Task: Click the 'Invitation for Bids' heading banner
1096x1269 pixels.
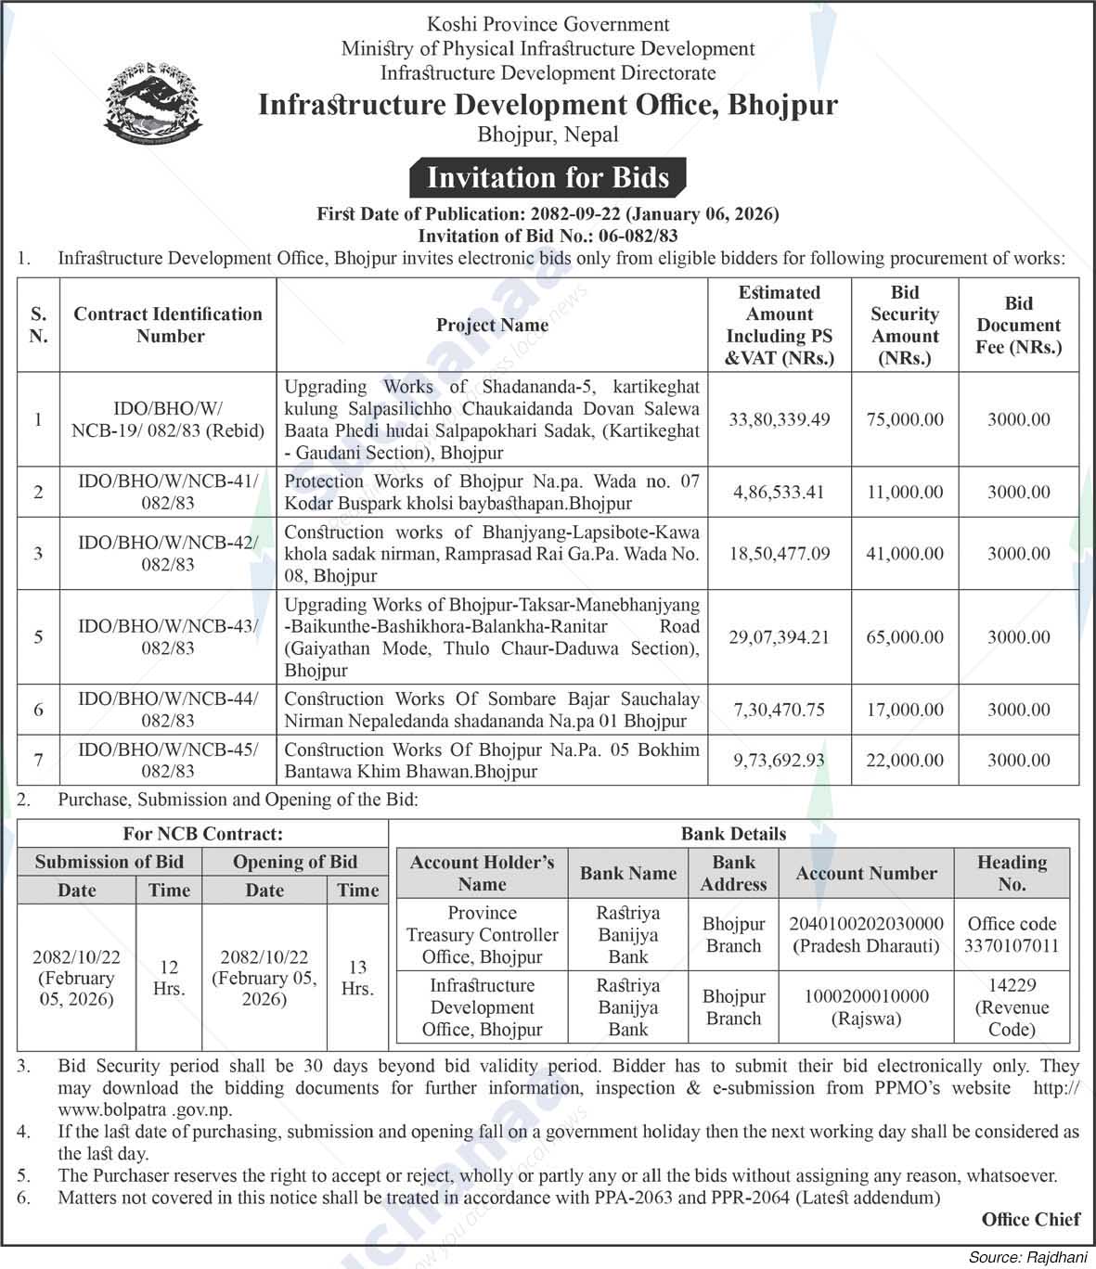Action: tap(548, 177)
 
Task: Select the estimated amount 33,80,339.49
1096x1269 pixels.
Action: tap(779, 419)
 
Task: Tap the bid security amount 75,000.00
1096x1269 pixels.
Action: tap(905, 419)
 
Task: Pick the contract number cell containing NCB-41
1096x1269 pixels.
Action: tap(168, 492)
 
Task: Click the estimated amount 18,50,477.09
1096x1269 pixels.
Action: tap(779, 553)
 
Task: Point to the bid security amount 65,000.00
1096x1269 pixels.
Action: tap(905, 637)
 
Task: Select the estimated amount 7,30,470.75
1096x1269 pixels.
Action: tap(779, 710)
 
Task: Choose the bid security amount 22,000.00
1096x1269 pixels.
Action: tap(905, 760)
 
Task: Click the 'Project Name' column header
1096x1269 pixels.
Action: tap(492, 326)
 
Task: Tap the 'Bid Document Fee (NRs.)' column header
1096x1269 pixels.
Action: tap(1018, 326)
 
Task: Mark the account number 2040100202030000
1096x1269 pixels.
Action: tap(866, 924)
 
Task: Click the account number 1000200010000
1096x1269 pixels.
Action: tap(866, 996)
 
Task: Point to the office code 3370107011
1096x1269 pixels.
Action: tap(1012, 946)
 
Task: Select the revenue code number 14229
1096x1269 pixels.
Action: tap(1012, 985)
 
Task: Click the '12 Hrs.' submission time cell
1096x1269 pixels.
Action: tap(169, 978)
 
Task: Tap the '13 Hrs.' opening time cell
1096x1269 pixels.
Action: tap(357, 978)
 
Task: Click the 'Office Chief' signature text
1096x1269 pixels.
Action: tap(1031, 1220)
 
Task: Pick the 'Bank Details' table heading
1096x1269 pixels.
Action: tap(733, 834)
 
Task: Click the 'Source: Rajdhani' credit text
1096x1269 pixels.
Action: tap(1026, 1258)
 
